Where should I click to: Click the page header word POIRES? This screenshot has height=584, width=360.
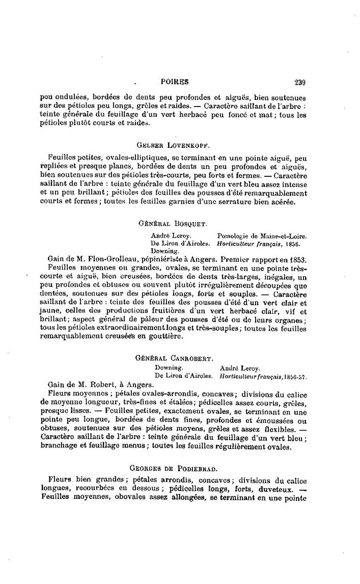pyautogui.click(x=174, y=81)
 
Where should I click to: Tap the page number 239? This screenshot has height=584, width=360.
pyautogui.click(x=299, y=81)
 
